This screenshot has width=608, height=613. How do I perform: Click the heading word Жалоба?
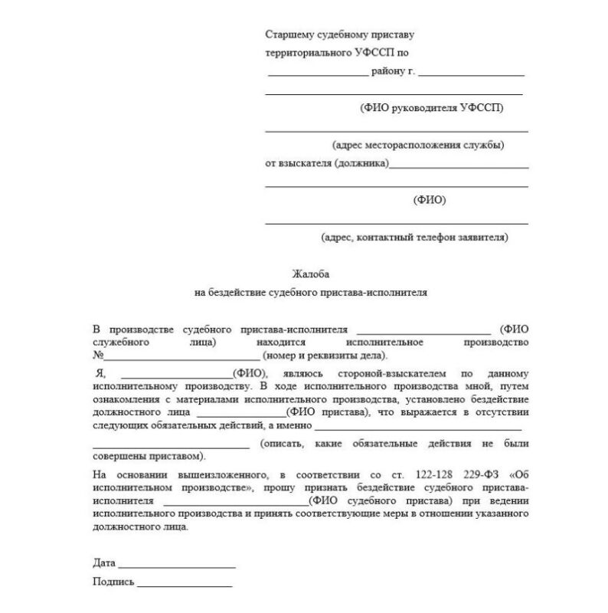pyautogui.click(x=309, y=274)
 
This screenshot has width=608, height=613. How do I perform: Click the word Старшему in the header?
pyautogui.click(x=288, y=35)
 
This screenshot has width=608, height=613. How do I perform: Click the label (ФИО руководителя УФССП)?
pyautogui.click(x=431, y=108)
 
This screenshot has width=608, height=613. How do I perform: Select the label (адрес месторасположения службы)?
pyautogui.click(x=417, y=145)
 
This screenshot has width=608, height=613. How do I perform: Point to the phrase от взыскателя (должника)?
pyautogui.click(x=326, y=163)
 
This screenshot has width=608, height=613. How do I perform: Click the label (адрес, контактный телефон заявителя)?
pyautogui.click(x=414, y=238)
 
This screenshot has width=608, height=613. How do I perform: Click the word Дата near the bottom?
pyautogui.click(x=103, y=562)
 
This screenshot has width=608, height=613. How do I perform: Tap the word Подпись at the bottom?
pyautogui.click(x=113, y=582)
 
